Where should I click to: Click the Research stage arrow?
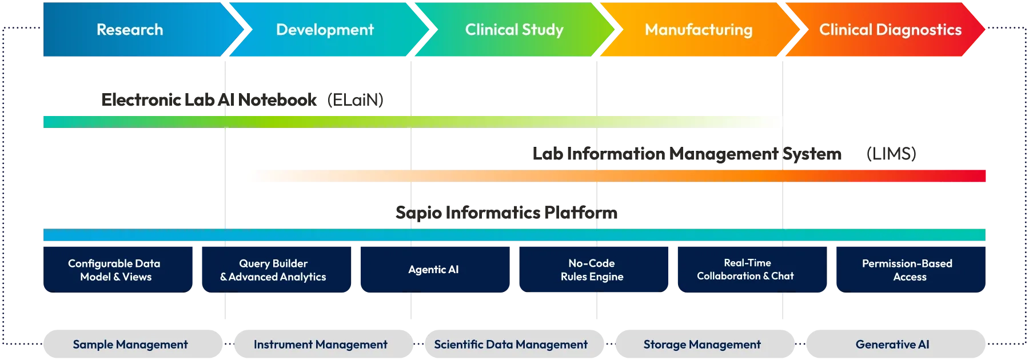[x=130, y=30]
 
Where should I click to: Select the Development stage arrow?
[x=325, y=30]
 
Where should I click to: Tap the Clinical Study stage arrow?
[x=514, y=30]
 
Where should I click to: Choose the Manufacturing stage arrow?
[x=699, y=30]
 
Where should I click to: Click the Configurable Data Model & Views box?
[x=116, y=270]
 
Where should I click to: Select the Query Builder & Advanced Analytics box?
[x=273, y=270]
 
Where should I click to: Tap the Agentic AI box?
[x=433, y=270]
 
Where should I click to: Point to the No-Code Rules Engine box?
[x=592, y=270]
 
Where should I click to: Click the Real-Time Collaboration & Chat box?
[x=745, y=270]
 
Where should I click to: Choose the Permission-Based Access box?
[x=908, y=270]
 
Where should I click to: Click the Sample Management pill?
[x=130, y=345]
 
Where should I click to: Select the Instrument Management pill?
[x=321, y=345]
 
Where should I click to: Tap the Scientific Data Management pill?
[x=510, y=345]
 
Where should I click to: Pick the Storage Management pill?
[x=702, y=345]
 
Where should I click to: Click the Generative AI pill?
[x=892, y=345]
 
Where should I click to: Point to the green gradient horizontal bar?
[x=412, y=121]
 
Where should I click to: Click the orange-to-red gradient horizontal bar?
[x=615, y=176]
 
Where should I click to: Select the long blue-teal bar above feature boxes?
[x=514, y=235]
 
